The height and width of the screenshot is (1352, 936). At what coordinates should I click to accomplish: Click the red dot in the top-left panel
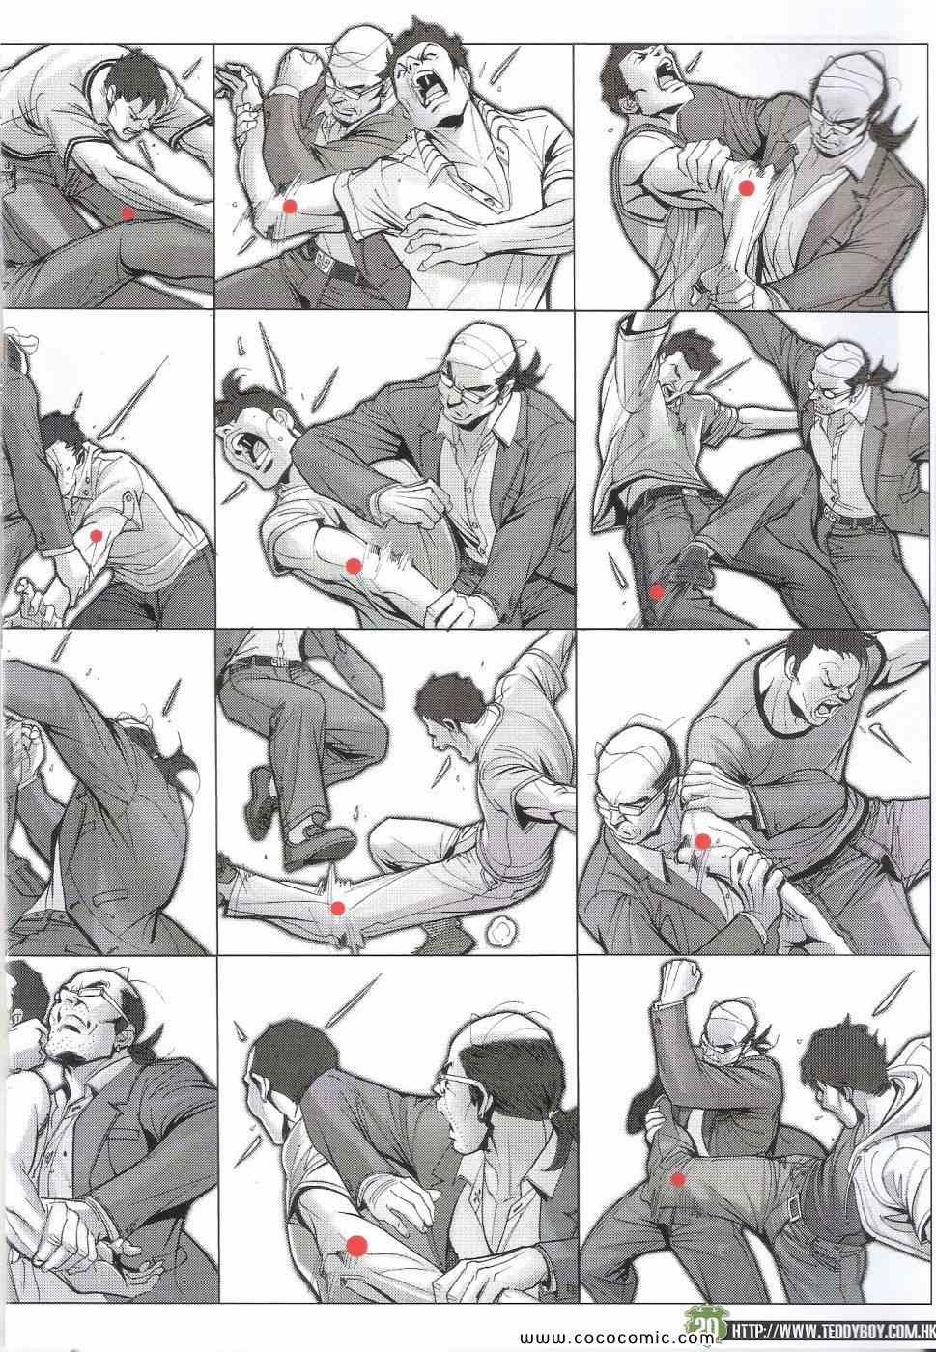click(128, 213)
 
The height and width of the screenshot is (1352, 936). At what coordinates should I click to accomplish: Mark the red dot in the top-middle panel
click(290, 207)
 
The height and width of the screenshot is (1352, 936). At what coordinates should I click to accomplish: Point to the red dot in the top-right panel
click(748, 188)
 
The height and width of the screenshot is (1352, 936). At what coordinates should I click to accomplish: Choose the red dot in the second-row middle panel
click(354, 565)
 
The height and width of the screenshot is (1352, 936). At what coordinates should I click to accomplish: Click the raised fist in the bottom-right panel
click(681, 981)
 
